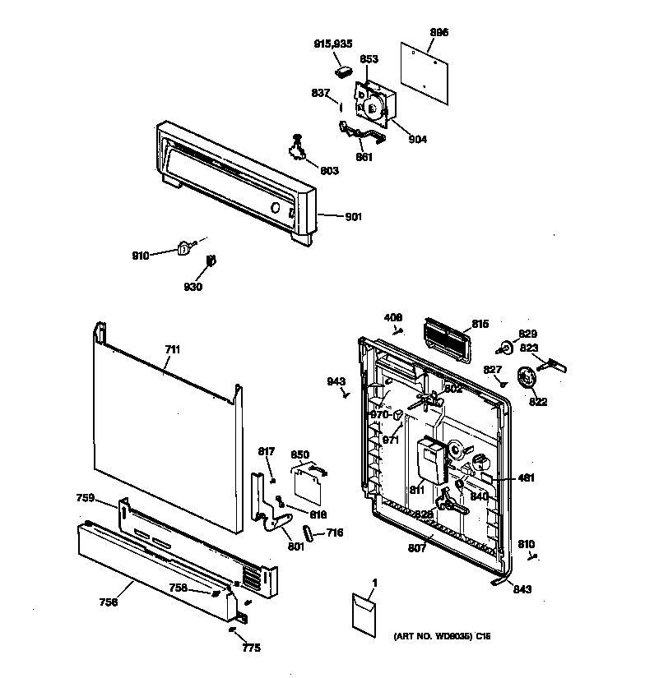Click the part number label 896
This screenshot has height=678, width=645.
pos(439,32)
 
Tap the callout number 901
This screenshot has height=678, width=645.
pos(353,217)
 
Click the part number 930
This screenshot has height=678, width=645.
pos(193,287)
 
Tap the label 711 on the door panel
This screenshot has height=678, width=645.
pos(171,349)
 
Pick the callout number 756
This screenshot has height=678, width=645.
pos(109,602)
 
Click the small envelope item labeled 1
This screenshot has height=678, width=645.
pos(363,610)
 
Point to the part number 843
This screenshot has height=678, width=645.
pos(522,588)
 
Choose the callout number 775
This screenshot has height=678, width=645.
pos(251,648)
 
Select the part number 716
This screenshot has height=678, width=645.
pos(333,533)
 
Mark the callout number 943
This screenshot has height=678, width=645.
pos(336,381)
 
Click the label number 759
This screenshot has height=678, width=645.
pos(86,498)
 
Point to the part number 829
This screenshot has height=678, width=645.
pos(527,334)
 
